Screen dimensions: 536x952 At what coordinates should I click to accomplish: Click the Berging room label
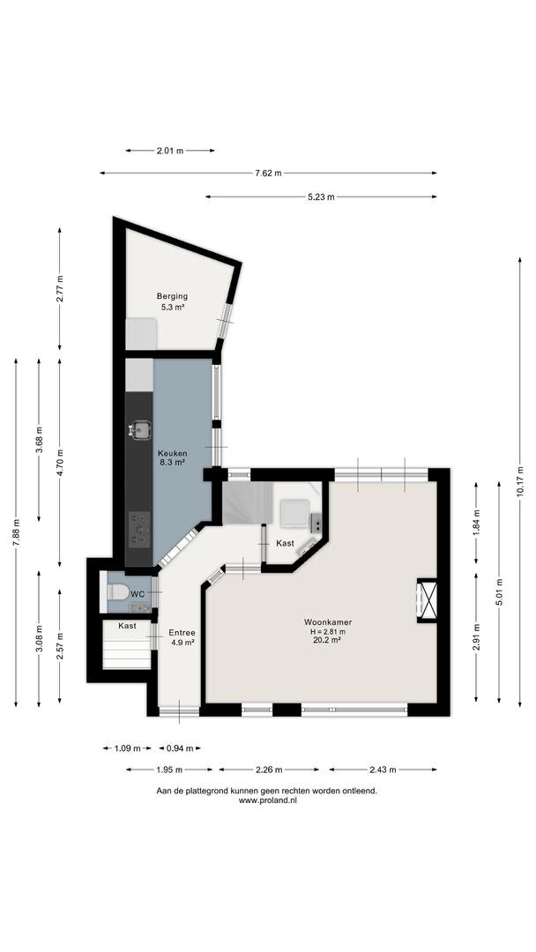[172, 296]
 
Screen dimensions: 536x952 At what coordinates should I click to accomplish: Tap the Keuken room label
[173, 454]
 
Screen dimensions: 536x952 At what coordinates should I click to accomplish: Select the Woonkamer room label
[328, 621]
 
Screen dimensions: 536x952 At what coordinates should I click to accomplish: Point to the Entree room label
[182, 632]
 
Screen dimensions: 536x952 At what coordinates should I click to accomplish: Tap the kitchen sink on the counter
[140, 430]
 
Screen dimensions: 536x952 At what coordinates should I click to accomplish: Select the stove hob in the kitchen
[140, 527]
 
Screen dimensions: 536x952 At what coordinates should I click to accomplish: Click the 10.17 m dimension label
[519, 481]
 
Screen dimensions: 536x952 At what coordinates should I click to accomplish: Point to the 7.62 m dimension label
[268, 173]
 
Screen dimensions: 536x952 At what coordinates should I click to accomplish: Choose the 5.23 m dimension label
[322, 197]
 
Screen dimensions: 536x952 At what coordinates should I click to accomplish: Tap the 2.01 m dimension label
[170, 151]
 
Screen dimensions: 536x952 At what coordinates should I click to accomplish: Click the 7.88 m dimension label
[16, 532]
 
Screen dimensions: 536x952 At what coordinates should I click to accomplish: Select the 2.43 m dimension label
[383, 770]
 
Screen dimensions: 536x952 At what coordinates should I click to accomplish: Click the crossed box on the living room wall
[428, 600]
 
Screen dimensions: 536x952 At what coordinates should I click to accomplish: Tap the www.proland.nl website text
[268, 800]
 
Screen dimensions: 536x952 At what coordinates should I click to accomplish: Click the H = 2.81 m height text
[328, 631]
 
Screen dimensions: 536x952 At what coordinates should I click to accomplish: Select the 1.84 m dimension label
[476, 522]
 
